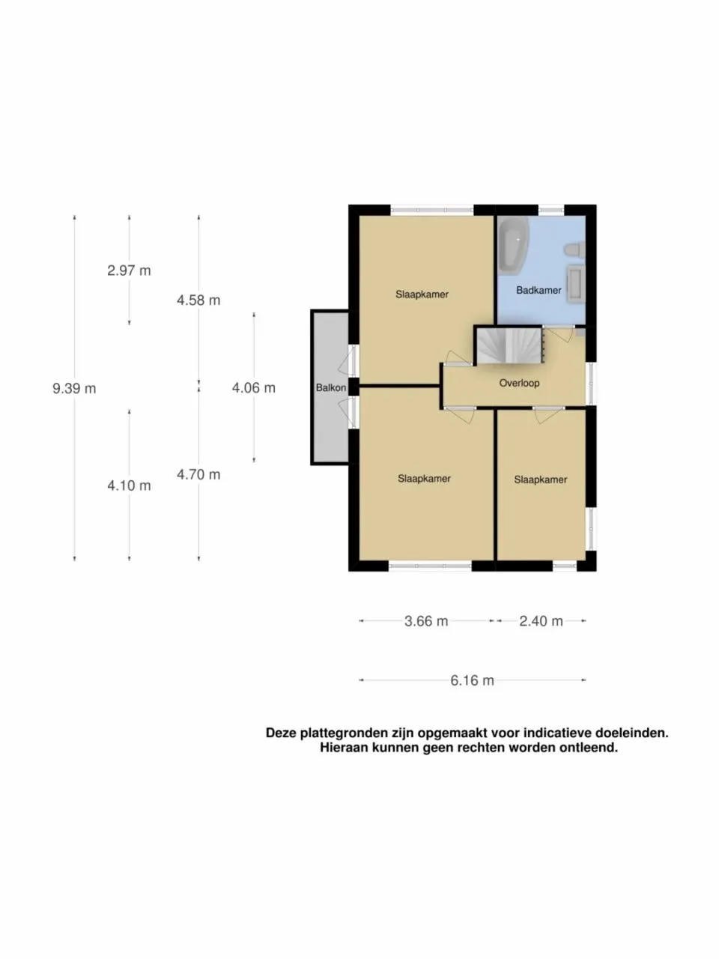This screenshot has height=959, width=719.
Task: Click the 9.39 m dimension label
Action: [74, 388]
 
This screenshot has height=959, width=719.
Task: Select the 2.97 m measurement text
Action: [130, 270]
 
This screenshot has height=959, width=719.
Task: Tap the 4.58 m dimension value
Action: [198, 300]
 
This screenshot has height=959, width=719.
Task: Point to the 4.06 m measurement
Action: [254, 387]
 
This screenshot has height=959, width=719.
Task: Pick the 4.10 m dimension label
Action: [130, 485]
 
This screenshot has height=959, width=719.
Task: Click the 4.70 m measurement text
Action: [198, 474]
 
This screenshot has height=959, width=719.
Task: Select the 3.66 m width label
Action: [426, 621]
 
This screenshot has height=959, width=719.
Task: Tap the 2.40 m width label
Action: [541, 621]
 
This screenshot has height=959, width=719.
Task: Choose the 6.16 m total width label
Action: [472, 680]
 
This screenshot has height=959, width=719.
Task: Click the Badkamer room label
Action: [539, 290]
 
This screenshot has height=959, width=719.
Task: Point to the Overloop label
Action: [519, 383]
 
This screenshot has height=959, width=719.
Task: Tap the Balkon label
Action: [331, 387]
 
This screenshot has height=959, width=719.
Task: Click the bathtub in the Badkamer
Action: [513, 245]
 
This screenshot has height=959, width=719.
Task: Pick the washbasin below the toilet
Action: [575, 283]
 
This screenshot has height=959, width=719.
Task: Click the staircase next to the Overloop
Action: [509, 346]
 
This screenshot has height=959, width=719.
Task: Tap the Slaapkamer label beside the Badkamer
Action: [422, 294]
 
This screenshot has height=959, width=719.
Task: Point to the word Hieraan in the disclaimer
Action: [344, 748]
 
